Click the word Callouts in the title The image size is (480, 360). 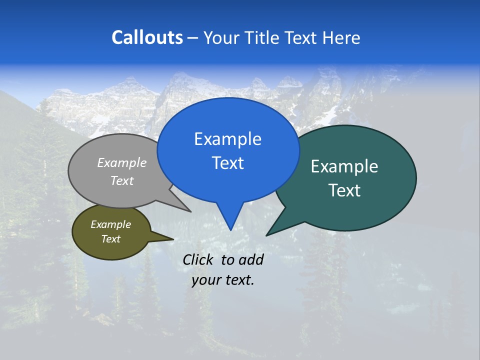[147, 37]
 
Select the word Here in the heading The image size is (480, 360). [341, 37]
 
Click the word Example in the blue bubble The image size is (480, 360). [227, 139]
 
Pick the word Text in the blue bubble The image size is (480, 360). [227, 163]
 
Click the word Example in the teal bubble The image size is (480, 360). [344, 166]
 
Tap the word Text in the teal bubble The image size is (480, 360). [344, 190]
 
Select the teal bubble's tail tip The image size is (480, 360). [267, 235]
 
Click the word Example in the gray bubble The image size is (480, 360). [122, 162]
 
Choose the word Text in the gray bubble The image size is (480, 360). [122, 180]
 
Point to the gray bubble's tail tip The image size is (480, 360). [190, 211]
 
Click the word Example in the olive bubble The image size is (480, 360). [110, 224]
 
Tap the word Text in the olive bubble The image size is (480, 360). [110, 239]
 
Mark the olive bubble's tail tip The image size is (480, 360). [173, 239]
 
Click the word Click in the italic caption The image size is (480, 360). [199, 259]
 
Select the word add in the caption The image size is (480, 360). [251, 259]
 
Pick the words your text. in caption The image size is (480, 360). [223, 280]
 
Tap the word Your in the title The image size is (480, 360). [222, 37]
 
